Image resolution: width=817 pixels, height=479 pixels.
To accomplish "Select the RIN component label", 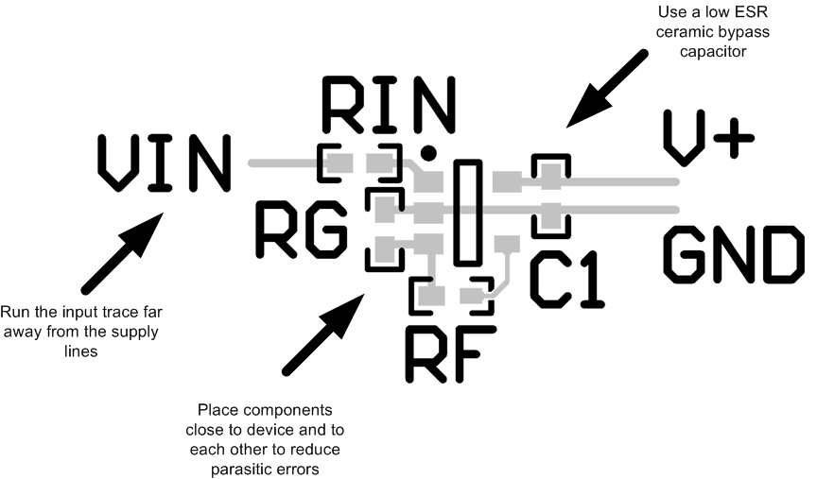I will (388, 104).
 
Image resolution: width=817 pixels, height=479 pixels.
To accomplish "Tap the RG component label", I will (302, 230).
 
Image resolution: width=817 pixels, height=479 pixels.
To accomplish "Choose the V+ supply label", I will (708, 138).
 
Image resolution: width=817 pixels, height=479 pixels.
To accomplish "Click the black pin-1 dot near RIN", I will (428, 151).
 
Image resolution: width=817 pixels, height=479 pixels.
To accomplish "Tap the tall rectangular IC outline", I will (467, 213).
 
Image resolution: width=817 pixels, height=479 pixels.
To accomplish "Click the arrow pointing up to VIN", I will (123, 250).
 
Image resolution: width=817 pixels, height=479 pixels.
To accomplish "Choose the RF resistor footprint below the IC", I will (451, 297).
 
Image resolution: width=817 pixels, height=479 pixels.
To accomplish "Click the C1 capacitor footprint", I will (550, 196).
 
